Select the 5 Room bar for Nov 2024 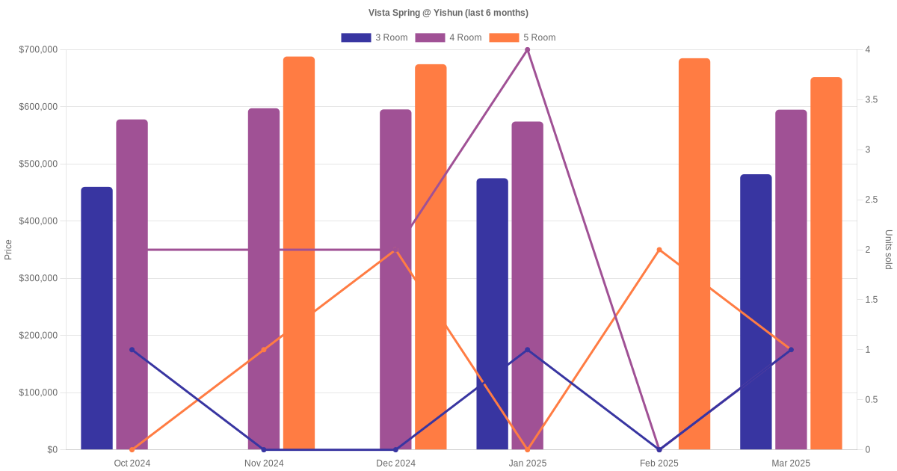click(x=299, y=254)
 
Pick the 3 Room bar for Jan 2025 click(x=492, y=314)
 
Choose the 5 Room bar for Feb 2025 click(x=694, y=254)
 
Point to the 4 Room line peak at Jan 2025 click(x=527, y=50)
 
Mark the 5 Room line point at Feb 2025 click(x=659, y=250)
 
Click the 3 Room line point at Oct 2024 click(x=132, y=350)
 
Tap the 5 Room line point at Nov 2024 click(x=264, y=350)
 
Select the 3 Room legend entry click(x=374, y=37)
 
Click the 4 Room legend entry click(x=448, y=37)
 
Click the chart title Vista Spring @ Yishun click(x=449, y=13)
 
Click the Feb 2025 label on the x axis click(x=659, y=464)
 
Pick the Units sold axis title click(x=888, y=250)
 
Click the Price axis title click(x=8, y=250)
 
